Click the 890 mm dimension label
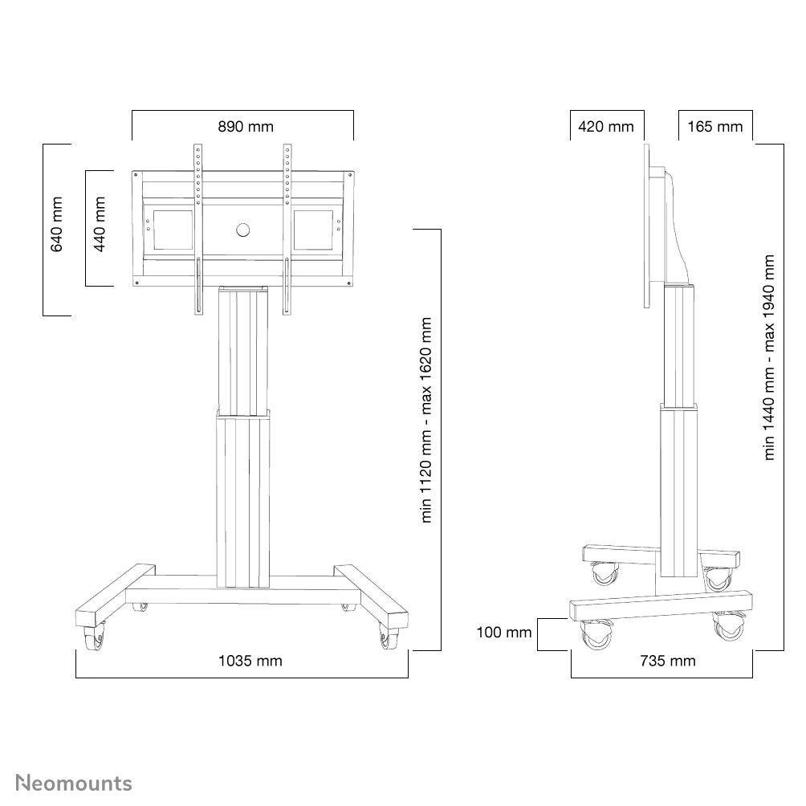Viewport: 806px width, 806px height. pyautogui.click(x=246, y=127)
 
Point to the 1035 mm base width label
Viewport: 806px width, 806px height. pyautogui.click(x=250, y=661)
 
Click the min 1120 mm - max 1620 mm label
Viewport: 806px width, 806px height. pyautogui.click(x=426, y=420)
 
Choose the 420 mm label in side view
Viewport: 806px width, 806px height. pyautogui.click(x=606, y=127)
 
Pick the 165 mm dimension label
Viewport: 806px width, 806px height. pyautogui.click(x=715, y=127)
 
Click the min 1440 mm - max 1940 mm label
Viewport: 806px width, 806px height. pyautogui.click(x=770, y=357)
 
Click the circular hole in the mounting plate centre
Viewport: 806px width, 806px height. pyautogui.click(x=243, y=230)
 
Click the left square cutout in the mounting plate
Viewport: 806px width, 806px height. pyautogui.click(x=169, y=229)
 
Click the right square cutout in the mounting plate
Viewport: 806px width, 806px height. pyautogui.click(x=314, y=229)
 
